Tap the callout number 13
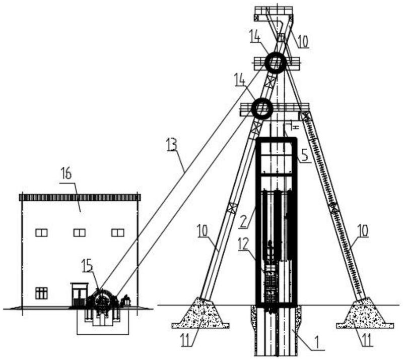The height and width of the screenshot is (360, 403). pos(172,144)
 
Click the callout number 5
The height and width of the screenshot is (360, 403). pos(305,155)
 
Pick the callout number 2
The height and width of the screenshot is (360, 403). pos(243,222)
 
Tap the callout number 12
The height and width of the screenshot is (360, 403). pos(243,244)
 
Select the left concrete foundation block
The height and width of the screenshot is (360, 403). pos(200,314)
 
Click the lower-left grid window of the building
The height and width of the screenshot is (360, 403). pos(41,293)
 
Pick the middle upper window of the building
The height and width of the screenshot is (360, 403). pos(80,232)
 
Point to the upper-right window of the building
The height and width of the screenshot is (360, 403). pos(118,232)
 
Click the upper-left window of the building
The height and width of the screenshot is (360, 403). pos(41,232)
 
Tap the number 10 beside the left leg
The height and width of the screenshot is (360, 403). pos(203,230)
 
